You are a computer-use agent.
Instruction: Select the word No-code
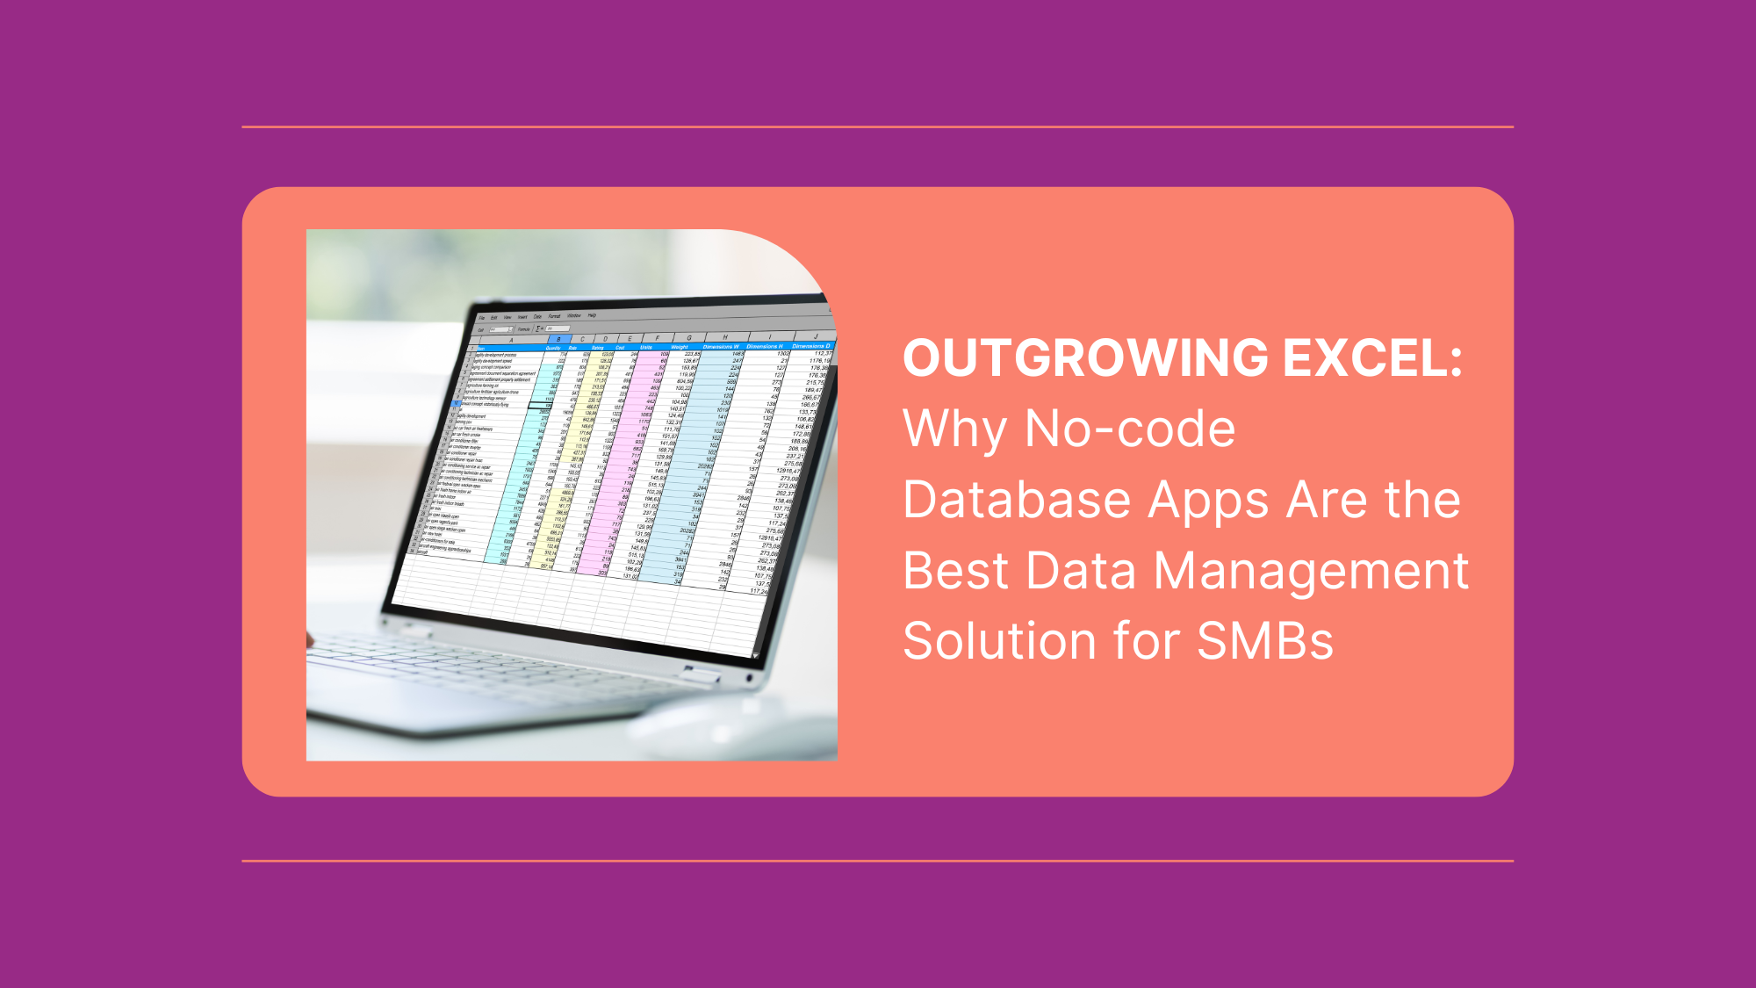click(1130, 429)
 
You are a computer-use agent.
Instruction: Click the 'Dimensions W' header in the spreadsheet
click(721, 347)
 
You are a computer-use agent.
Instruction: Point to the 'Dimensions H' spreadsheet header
click(765, 346)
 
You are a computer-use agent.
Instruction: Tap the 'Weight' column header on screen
click(680, 347)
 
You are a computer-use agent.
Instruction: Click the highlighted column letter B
click(558, 339)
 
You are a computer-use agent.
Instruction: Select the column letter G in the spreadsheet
click(689, 337)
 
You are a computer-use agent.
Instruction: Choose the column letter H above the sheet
click(725, 336)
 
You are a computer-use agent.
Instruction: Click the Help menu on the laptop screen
click(593, 315)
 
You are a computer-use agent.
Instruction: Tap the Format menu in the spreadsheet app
click(554, 316)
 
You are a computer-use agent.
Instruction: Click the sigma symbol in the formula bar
click(538, 328)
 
